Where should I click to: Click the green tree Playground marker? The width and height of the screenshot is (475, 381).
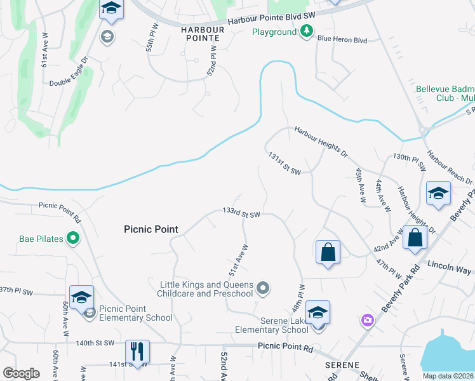coord(307,31)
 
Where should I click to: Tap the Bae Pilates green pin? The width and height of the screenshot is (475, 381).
coord(73,239)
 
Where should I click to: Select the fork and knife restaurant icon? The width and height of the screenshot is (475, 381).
coord(137,350)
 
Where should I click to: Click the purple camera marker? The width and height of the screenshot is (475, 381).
coord(366,320)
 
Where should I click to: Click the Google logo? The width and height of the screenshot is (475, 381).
coord(21,373)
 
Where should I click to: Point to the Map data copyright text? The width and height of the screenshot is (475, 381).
coord(448,376)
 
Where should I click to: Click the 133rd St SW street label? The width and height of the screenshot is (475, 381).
coord(241,213)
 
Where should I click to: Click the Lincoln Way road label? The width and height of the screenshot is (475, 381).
coord(450,267)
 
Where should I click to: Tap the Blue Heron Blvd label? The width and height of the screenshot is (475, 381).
coord(342,39)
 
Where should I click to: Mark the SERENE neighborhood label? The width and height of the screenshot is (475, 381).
coord(342,366)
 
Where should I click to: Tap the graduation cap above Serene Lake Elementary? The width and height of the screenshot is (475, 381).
coord(318,312)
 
